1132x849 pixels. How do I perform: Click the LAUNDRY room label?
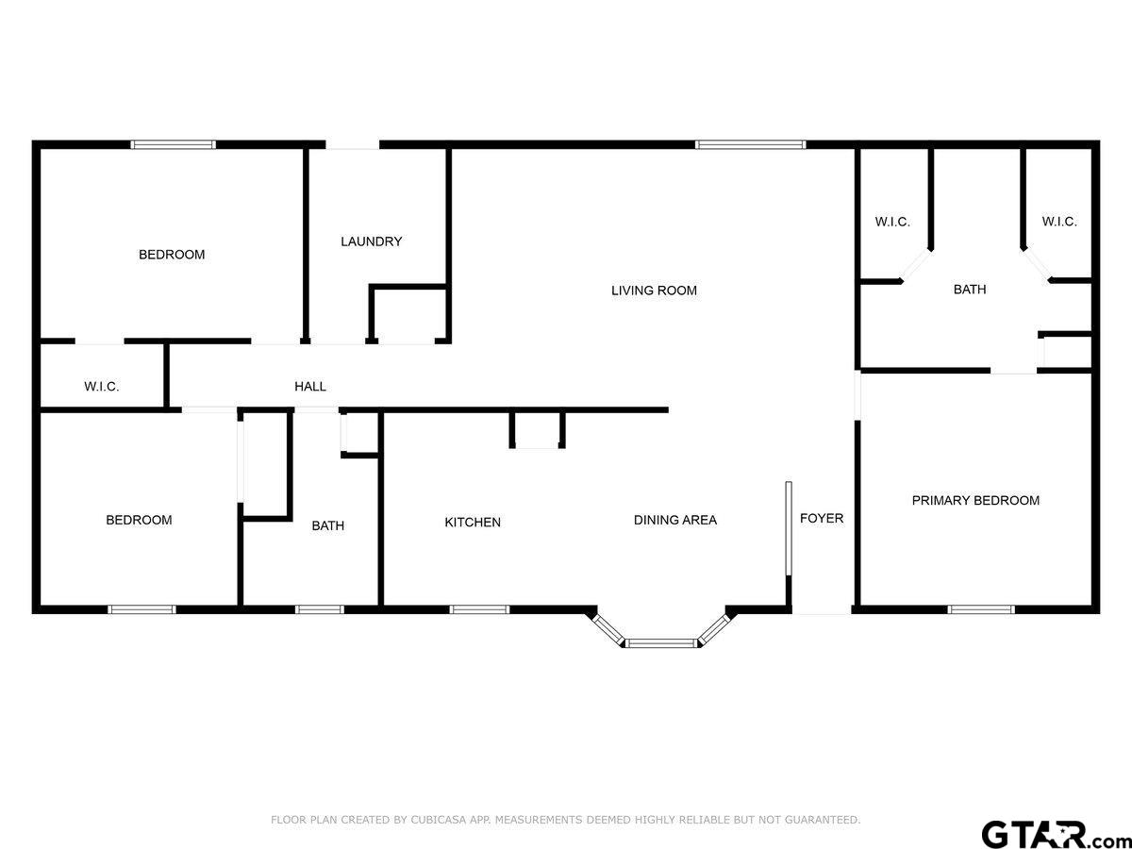pos(372,241)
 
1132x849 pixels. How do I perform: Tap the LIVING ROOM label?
pos(654,291)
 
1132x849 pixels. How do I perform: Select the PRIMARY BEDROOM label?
pos(975,501)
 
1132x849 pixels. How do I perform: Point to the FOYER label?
pos(822,518)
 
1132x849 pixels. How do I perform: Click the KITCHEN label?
pos(473,523)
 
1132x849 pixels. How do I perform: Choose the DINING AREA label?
pos(675,520)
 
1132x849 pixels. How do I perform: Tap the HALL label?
pos(310,387)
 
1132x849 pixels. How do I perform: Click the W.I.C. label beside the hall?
pos(102,387)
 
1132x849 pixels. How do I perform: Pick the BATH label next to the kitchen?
pos(328,525)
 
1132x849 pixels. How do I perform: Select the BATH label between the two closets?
pos(970,290)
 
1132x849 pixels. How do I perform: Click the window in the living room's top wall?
pos(750,145)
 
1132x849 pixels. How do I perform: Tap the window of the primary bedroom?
pos(981,609)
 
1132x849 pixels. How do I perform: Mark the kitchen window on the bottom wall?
pos(479,609)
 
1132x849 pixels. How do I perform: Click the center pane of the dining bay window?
pos(661,643)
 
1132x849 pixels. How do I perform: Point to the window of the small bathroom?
pos(319,609)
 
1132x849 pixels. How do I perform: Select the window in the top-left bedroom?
pos(173,145)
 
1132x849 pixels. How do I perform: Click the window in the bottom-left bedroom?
pos(141,609)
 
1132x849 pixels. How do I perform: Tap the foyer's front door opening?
pos(821,609)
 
